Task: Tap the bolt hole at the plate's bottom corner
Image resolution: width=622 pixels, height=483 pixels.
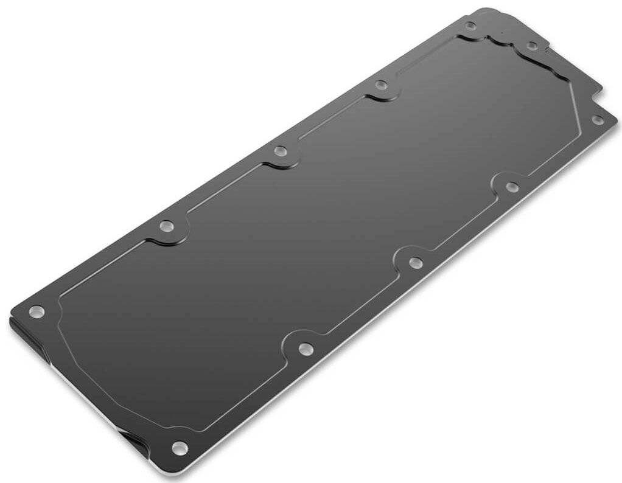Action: click(x=179, y=448)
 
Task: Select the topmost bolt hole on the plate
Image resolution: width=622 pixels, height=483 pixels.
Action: click(x=470, y=26)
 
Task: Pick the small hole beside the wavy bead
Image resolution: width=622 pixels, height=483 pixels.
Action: click(x=531, y=46)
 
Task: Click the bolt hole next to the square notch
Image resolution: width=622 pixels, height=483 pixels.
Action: click(x=597, y=120)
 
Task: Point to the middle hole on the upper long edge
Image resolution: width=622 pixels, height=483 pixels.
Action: click(x=280, y=150)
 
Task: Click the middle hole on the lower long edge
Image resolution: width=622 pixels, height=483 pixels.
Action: click(x=415, y=262)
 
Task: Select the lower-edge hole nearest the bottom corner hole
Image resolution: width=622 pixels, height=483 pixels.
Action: click(x=304, y=349)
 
